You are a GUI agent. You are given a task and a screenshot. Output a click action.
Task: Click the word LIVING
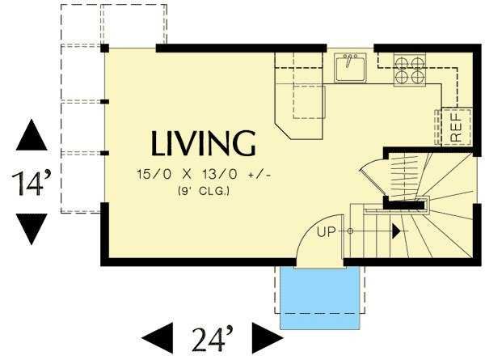click(x=204, y=143)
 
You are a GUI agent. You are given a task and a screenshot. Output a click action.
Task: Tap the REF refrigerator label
click(x=456, y=128)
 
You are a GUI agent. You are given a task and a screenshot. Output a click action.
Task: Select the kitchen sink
click(x=350, y=67)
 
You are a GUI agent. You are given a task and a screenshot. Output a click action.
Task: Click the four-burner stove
click(x=410, y=70)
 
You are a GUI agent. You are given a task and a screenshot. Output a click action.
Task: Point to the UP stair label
click(x=327, y=231)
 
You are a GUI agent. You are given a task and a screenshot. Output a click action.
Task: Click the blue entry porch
click(x=320, y=298)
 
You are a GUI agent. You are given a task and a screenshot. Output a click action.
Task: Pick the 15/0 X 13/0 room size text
click(x=205, y=175)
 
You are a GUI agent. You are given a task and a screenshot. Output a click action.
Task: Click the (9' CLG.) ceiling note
click(x=205, y=191)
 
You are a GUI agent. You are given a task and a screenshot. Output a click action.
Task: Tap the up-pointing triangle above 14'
click(x=32, y=135)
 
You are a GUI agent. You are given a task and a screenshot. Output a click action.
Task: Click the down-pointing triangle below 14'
click(x=32, y=229)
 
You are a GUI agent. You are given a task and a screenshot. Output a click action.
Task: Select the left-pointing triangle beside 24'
click(x=157, y=338)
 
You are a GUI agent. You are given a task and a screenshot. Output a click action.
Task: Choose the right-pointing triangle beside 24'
click(x=268, y=338)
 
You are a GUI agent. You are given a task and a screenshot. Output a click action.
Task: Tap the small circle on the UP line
click(x=350, y=231)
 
